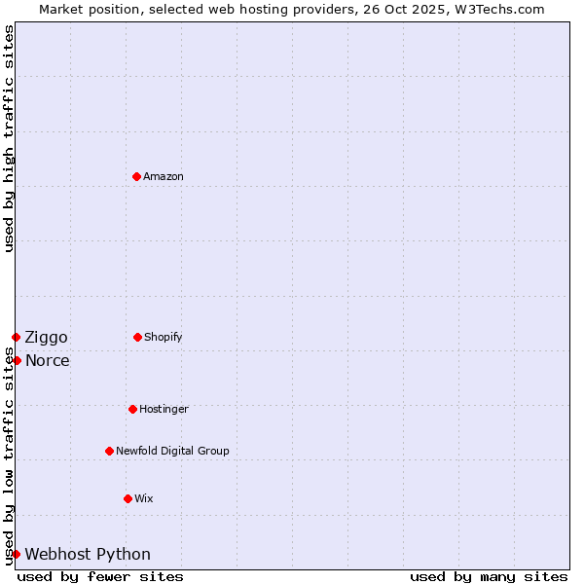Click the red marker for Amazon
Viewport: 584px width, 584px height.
pyautogui.click(x=137, y=176)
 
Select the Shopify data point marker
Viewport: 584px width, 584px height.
pyautogui.click(x=137, y=337)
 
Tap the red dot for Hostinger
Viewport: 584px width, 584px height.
pyautogui.click(x=132, y=409)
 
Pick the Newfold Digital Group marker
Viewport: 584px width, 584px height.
pyautogui.click(x=109, y=451)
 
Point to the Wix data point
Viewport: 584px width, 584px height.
pyautogui.click(x=128, y=498)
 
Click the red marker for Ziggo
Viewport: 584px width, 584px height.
pyautogui.click(x=16, y=337)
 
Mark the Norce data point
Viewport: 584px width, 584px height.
pyautogui.click(x=17, y=360)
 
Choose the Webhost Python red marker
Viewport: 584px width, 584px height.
pyautogui.click(x=16, y=554)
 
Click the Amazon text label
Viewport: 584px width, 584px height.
pyautogui.click(x=164, y=177)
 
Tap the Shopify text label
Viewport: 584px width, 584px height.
pyautogui.click(x=164, y=338)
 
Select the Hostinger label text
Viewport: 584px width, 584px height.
pyautogui.click(x=164, y=410)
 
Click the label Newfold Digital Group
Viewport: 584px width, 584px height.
pyautogui.click(x=172, y=452)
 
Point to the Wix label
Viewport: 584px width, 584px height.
pyautogui.click(x=144, y=499)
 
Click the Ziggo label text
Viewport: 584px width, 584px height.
pyautogui.click(x=46, y=338)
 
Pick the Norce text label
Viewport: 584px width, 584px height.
pyautogui.click(x=47, y=361)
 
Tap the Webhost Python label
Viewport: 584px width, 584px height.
pyautogui.click(x=88, y=555)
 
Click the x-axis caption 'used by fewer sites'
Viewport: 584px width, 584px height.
pyautogui.click(x=100, y=576)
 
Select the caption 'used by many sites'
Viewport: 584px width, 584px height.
pyautogui.click(x=489, y=576)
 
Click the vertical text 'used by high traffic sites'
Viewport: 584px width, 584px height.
pyautogui.click(x=9, y=138)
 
